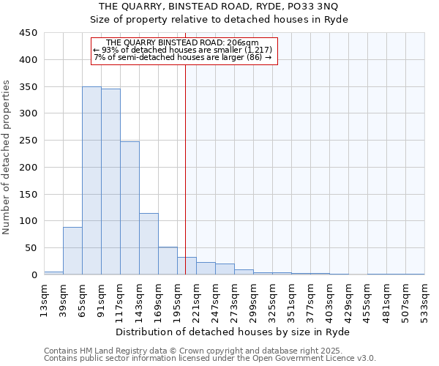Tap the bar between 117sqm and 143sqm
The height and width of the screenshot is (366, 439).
tap(130, 208)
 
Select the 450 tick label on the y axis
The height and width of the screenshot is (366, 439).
tap(28, 33)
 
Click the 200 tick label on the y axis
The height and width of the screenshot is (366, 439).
tap(28, 168)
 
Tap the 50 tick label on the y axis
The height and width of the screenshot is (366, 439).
tap(31, 248)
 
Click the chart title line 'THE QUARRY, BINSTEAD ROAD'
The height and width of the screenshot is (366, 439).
tap(218, 7)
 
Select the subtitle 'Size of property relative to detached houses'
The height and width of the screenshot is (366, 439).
tap(218, 20)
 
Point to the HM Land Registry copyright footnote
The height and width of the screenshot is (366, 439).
tap(209, 351)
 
